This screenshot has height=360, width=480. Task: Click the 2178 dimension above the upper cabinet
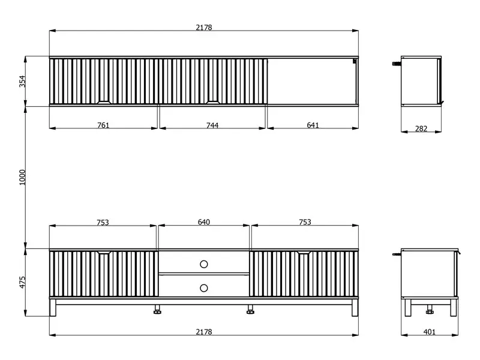coord(204,28)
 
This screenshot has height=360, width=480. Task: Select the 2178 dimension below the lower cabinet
coord(204,332)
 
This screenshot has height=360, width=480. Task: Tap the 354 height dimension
coord(23,82)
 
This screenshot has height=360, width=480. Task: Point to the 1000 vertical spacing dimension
coord(23,177)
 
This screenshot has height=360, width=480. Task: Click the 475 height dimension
coord(23,282)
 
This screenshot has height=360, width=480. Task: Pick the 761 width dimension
coord(103,125)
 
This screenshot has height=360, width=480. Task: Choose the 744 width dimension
coord(212,125)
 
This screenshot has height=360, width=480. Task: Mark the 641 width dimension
coord(313,125)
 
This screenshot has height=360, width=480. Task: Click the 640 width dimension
coord(204,222)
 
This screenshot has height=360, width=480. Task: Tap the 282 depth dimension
coord(421,128)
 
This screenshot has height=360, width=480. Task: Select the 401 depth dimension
coord(430,332)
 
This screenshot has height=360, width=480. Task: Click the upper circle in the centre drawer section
coord(204,264)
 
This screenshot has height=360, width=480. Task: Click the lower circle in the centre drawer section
coord(204,288)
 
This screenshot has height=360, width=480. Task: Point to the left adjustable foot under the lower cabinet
coord(157,309)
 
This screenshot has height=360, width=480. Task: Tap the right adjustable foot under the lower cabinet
coord(250,309)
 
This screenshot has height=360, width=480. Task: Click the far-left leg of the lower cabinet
coord(53,307)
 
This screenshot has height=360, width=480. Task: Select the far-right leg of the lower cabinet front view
coord(355,307)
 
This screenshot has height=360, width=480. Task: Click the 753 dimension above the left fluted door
coord(103,222)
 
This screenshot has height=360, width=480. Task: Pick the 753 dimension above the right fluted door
coord(305,222)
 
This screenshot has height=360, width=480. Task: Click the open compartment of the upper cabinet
coord(312,81)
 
